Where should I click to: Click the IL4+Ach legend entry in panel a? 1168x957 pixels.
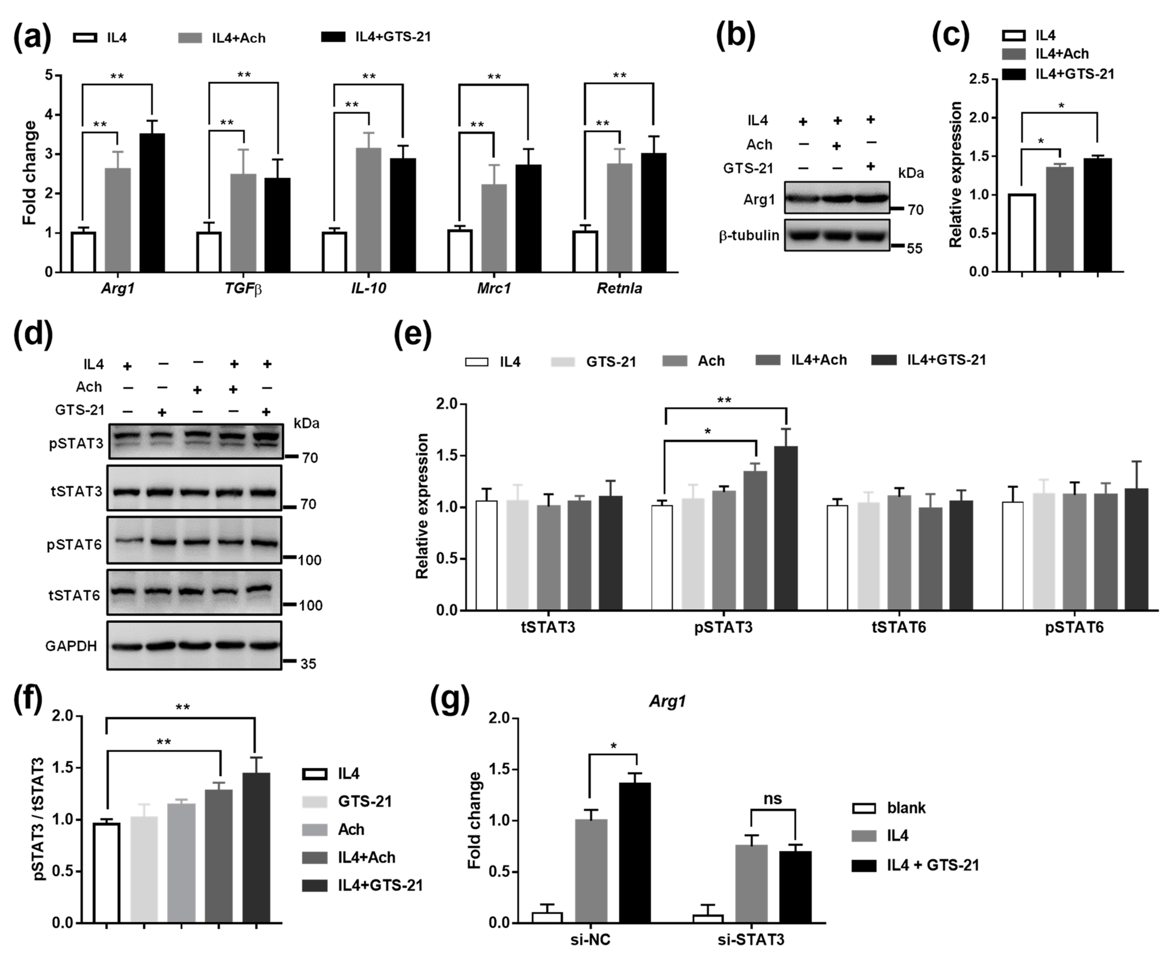point(238,38)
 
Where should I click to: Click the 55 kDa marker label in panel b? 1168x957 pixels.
point(915,249)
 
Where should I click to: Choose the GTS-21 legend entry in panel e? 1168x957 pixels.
point(610,362)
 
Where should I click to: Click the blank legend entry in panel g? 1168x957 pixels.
point(906,808)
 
